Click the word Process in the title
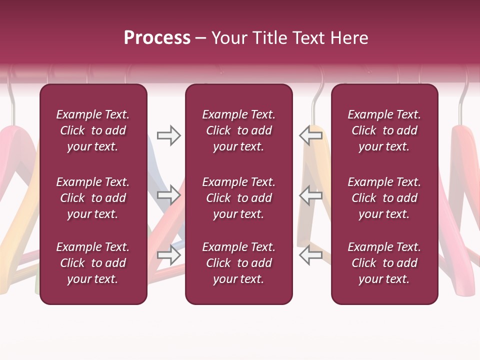click(157, 38)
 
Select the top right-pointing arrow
click(168, 135)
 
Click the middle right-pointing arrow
click(168, 195)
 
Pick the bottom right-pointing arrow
click(168, 255)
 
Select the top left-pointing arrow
click(311, 135)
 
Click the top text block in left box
click(93, 130)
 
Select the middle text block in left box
click(93, 198)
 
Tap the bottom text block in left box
click(93, 263)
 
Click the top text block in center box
click(238, 130)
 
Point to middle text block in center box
click(238, 198)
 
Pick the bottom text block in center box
click(238, 263)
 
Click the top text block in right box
click(384, 130)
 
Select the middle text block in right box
click(384, 198)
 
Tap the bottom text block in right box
click(384, 263)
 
